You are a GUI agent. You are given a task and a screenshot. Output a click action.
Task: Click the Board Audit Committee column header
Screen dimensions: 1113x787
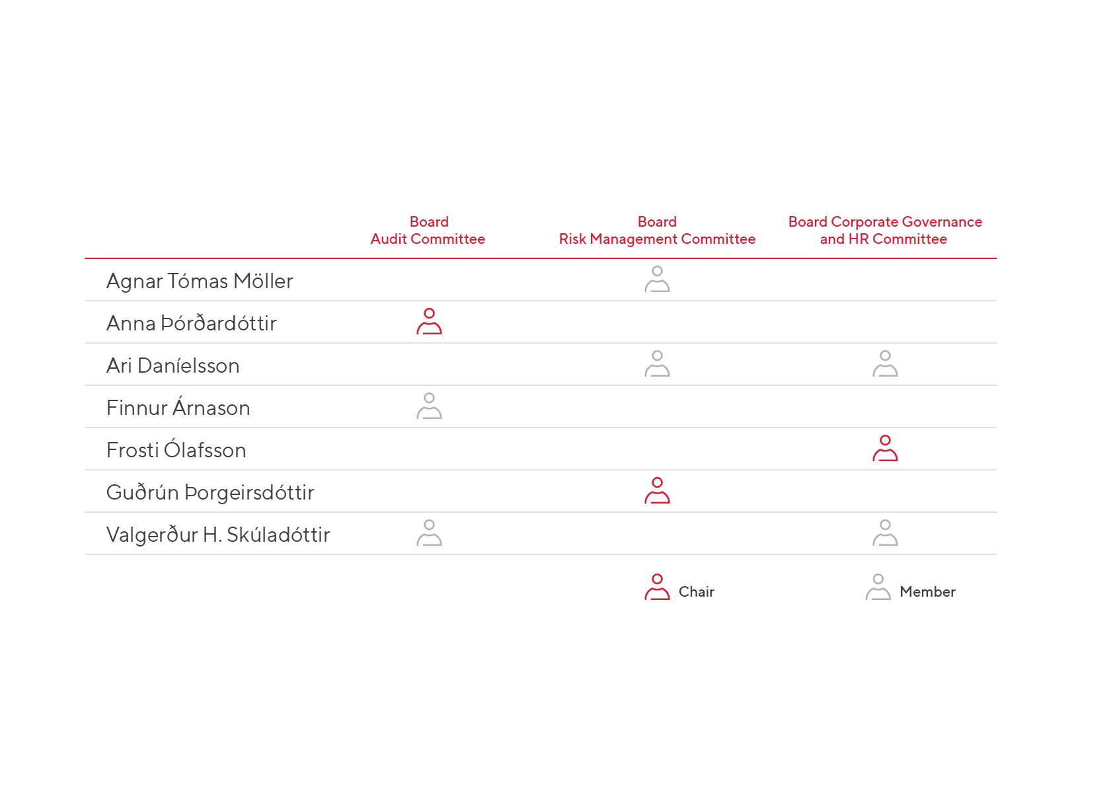click(428, 230)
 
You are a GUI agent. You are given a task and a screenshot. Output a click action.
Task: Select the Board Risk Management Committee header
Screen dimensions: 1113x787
click(657, 230)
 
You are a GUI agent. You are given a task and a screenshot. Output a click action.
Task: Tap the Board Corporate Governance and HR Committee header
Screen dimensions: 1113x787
click(885, 230)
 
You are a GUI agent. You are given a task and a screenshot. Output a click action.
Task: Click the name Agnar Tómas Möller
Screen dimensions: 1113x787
click(200, 281)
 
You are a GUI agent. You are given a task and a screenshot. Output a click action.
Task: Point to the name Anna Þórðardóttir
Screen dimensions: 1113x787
click(191, 323)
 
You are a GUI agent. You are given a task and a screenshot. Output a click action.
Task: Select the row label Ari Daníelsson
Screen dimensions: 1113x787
click(173, 365)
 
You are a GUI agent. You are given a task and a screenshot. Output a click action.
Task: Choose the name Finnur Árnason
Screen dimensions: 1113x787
click(178, 408)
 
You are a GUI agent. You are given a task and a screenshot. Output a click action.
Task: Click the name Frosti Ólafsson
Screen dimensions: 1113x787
click(176, 449)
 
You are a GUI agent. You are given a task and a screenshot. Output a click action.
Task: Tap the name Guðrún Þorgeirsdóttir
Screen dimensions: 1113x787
click(210, 492)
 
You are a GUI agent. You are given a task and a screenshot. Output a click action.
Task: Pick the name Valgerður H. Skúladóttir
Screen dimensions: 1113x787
click(218, 535)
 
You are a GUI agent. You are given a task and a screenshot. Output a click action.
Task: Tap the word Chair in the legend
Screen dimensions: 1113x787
click(696, 592)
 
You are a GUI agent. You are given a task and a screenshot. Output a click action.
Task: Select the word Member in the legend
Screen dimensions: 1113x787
click(927, 592)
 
